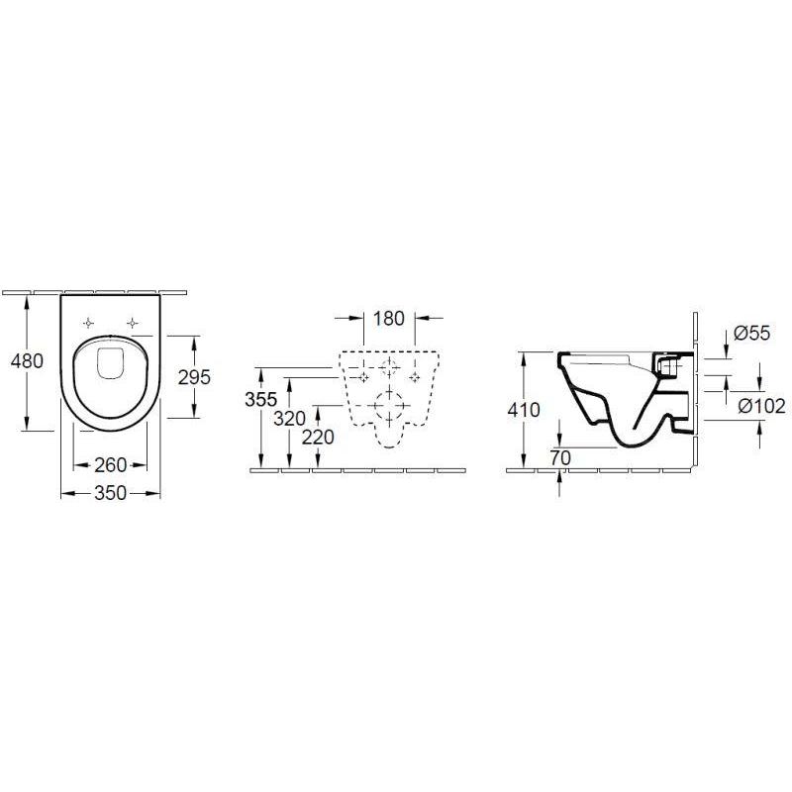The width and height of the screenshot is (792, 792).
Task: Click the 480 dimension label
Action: click(x=27, y=360)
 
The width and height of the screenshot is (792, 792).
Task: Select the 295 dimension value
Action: click(x=194, y=377)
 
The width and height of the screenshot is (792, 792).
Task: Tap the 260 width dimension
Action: click(x=111, y=464)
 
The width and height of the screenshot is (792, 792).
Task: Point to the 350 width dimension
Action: click(x=111, y=492)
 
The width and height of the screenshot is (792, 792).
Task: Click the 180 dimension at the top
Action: click(x=389, y=318)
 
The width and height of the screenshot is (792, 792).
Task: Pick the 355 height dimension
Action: click(x=261, y=399)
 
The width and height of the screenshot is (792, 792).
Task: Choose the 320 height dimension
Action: click(x=289, y=418)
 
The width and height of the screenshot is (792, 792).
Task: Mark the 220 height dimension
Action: click(x=318, y=437)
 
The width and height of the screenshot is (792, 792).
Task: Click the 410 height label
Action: click(x=524, y=410)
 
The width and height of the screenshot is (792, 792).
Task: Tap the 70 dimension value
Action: click(x=560, y=457)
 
